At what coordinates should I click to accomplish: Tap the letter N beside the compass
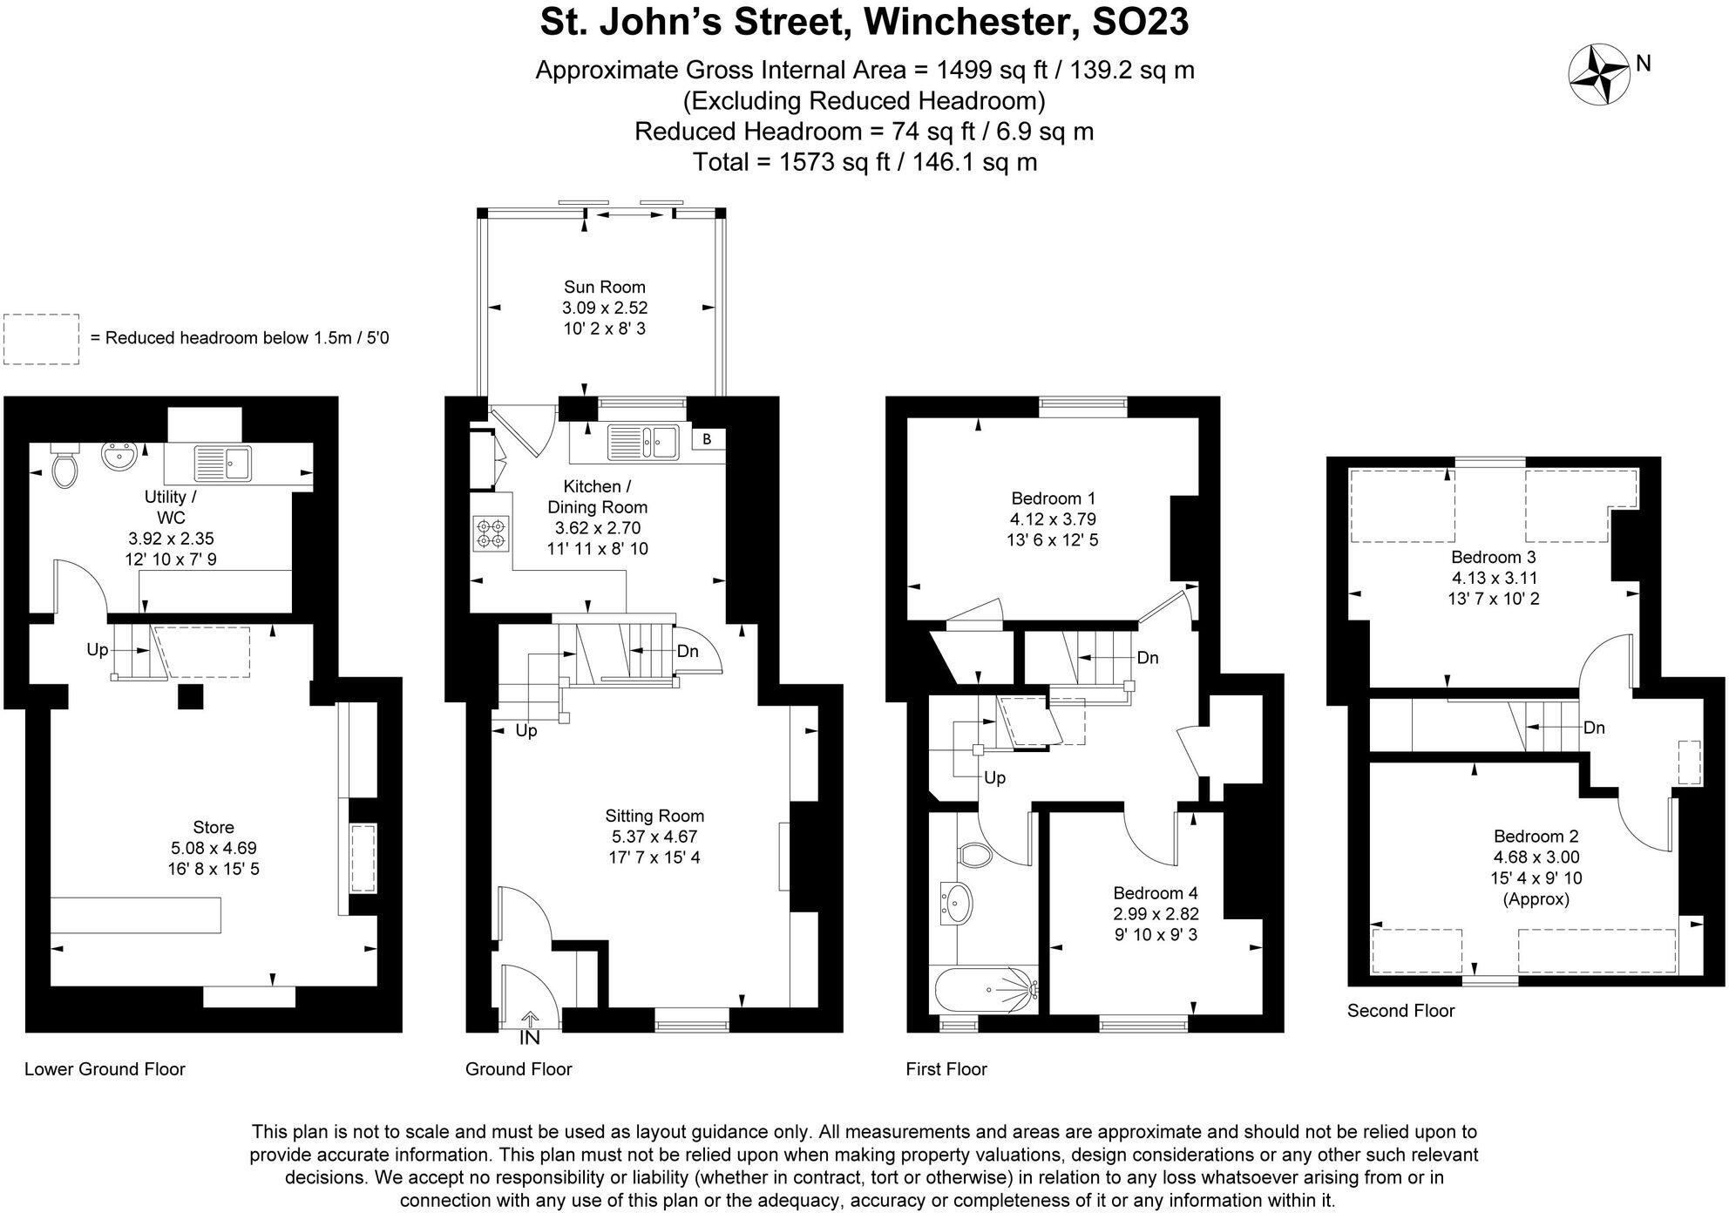1644,64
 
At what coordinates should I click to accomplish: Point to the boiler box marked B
707,439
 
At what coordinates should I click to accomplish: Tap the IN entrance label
530,1038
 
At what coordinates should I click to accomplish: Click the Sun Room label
604,287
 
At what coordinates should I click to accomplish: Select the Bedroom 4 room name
1155,893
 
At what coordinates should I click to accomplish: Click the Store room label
214,827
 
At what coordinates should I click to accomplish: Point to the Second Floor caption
1400,1011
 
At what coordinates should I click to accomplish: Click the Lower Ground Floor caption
105,1069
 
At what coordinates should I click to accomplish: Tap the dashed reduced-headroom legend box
41,339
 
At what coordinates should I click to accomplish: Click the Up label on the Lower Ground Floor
97,650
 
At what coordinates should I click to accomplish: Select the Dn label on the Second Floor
1594,728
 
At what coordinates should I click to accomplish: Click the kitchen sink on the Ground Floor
643,440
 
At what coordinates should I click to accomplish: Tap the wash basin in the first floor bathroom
956,904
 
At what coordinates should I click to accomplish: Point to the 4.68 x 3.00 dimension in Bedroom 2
1536,857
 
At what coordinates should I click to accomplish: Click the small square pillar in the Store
190,696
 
